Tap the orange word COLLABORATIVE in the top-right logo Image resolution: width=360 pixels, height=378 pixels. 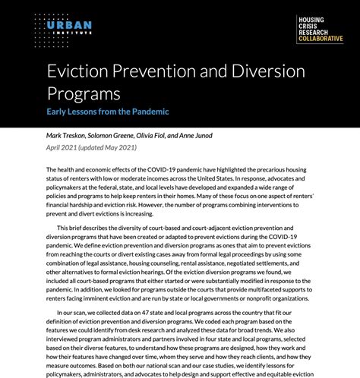coord(320,39)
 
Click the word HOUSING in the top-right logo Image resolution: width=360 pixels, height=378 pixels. coord(311,18)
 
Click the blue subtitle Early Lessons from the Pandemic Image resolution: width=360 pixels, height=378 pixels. coord(108,112)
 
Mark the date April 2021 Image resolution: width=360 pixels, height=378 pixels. coord(62,146)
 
